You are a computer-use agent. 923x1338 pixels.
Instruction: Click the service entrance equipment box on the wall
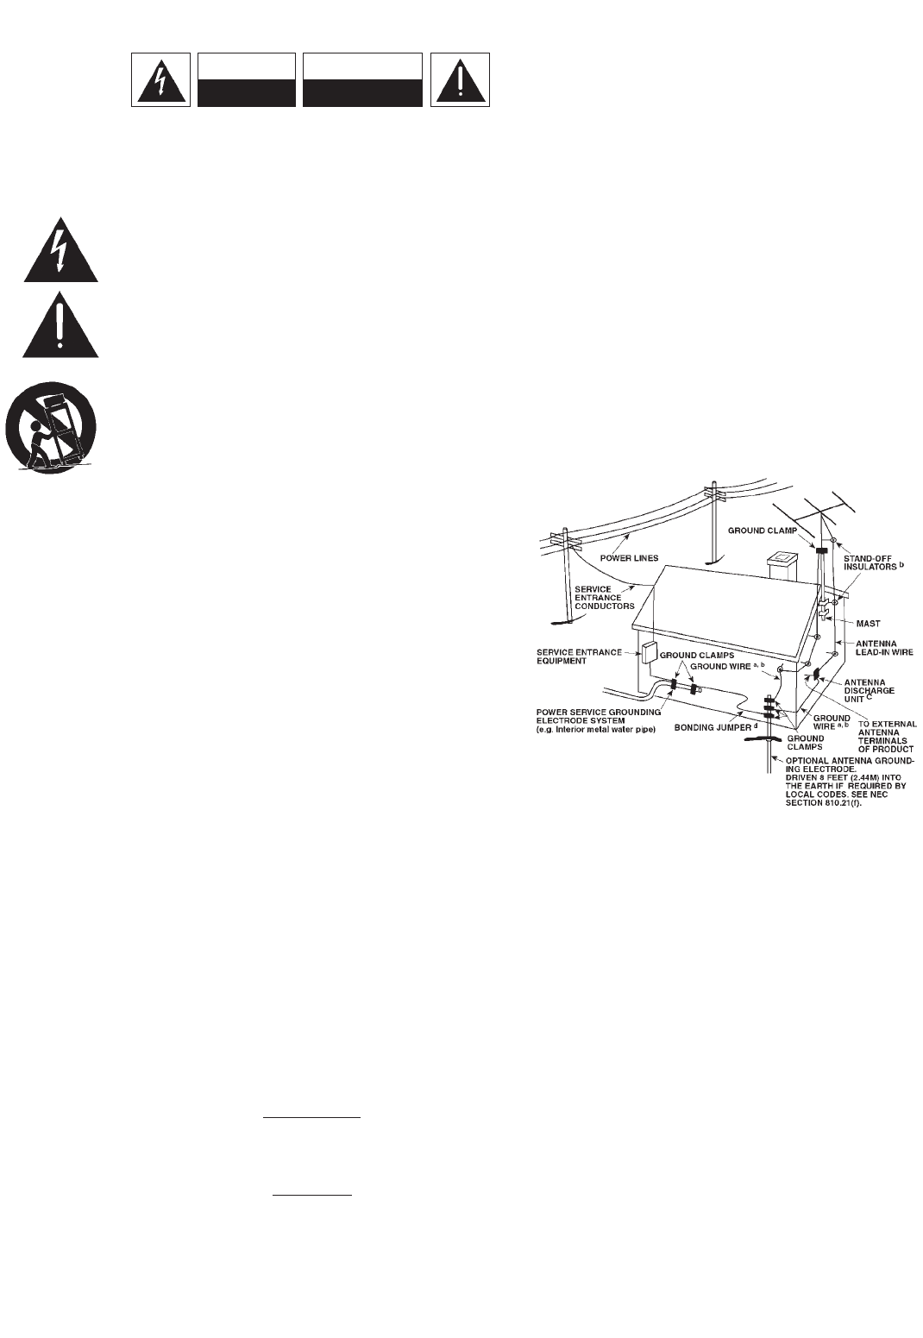[650, 653]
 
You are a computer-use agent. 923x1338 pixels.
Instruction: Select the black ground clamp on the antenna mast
[822, 550]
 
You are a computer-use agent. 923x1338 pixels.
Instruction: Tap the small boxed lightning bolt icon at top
[161, 80]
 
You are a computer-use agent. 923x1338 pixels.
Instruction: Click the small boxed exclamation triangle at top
[461, 80]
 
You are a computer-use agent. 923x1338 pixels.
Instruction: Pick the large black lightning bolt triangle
[60, 251]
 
